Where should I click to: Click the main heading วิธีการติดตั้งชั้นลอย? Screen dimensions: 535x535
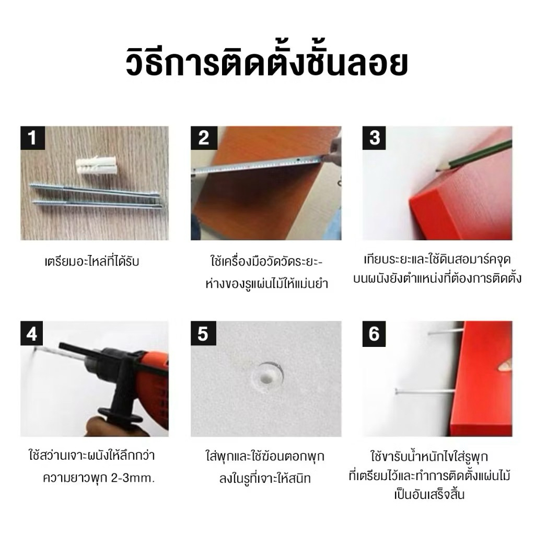(x=267, y=64)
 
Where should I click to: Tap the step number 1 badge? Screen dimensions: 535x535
(x=33, y=138)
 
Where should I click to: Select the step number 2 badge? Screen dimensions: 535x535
(x=204, y=138)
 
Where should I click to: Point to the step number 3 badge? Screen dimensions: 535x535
(x=374, y=138)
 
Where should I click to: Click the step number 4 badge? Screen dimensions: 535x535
(x=32, y=333)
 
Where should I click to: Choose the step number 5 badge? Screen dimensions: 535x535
(x=203, y=333)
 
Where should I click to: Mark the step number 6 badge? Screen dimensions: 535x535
(x=374, y=333)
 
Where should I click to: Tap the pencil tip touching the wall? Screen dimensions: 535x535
(x=437, y=169)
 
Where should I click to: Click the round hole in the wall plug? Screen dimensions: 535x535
(x=266, y=377)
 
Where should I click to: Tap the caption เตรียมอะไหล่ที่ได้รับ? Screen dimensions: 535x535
(x=92, y=262)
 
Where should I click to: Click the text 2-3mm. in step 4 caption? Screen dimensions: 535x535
(x=133, y=478)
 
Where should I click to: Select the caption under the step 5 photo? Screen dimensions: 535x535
(x=265, y=468)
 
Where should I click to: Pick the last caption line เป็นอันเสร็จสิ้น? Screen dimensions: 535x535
(x=429, y=494)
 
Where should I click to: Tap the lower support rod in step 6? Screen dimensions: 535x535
(x=425, y=391)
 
